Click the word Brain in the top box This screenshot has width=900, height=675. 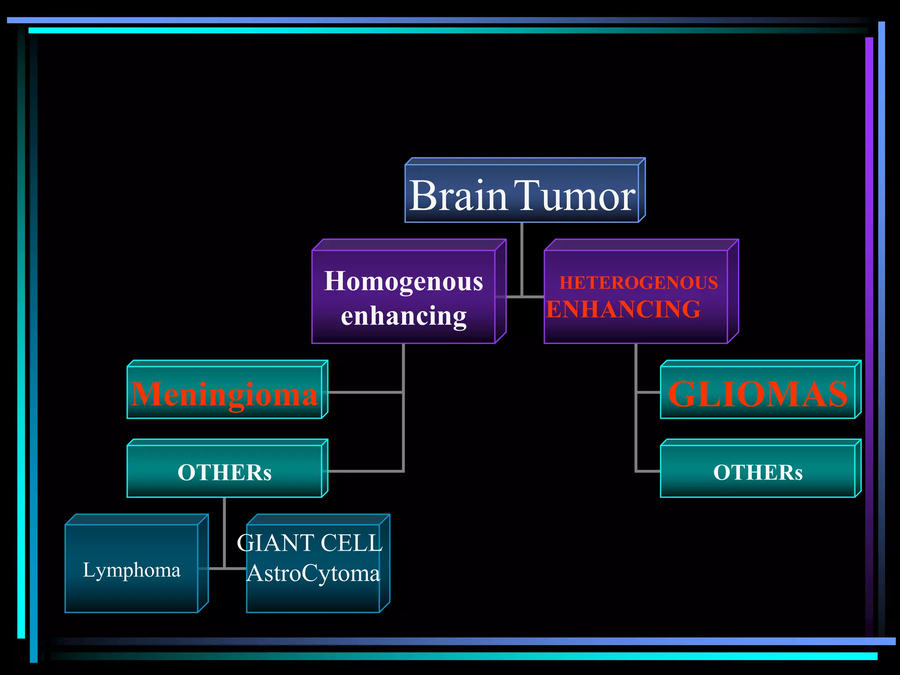point(458,196)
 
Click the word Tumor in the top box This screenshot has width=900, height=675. point(574,196)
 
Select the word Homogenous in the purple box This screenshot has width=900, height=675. point(403,281)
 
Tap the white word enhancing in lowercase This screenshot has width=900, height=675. point(403,316)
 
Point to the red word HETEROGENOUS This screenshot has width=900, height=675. point(639,283)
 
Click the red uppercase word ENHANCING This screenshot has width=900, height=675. point(623,309)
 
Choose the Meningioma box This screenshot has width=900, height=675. point(225,393)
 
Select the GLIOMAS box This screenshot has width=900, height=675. point(758,393)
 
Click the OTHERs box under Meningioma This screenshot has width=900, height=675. point(225,472)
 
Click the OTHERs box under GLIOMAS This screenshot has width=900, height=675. point(758,472)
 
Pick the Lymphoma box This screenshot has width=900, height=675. point(132,570)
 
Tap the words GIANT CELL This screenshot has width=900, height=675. point(310,543)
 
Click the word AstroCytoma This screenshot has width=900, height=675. point(313,573)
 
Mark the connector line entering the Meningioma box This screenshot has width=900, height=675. point(365,392)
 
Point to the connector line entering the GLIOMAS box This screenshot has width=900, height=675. point(648,392)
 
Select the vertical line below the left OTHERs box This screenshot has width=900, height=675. point(225,532)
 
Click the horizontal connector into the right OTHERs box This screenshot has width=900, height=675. point(648,471)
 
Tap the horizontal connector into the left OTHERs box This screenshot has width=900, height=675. point(365,471)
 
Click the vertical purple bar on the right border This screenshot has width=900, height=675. point(869,308)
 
